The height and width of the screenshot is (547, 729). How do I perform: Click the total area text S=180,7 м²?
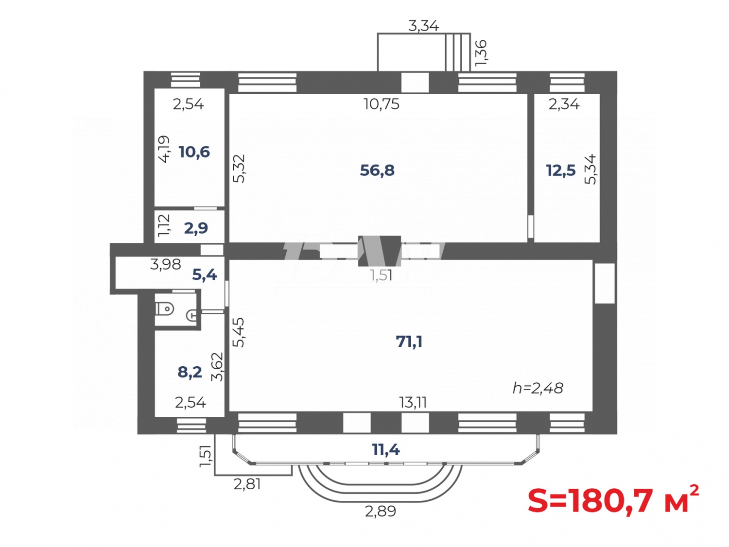[x=613, y=500]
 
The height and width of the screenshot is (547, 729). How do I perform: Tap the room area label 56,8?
[x=377, y=171]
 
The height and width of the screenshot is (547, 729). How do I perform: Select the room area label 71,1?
[x=409, y=342]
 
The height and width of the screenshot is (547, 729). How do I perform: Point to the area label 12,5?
[x=560, y=171]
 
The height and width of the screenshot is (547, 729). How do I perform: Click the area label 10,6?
[x=194, y=152]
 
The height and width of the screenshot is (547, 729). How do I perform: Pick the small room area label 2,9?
[x=196, y=228]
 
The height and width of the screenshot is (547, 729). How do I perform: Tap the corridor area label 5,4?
[x=204, y=275]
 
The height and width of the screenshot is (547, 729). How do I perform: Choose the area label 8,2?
[x=190, y=372]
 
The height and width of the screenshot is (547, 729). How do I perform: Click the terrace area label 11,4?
[x=386, y=450]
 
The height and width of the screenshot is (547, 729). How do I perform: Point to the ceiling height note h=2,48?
[x=538, y=388]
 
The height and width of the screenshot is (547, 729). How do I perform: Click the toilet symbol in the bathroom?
[x=165, y=308]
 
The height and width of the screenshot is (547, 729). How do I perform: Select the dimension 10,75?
[x=382, y=104]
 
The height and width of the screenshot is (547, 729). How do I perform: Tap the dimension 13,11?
[x=413, y=402]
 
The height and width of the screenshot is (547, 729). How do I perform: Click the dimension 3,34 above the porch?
[x=423, y=26]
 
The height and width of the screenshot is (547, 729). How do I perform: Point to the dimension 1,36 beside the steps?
[x=481, y=52]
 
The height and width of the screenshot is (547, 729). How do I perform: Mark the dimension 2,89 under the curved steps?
[x=381, y=512]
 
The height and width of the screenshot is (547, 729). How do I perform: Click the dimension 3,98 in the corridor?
[x=165, y=264]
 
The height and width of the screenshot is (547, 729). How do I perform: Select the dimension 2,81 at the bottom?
[x=247, y=484]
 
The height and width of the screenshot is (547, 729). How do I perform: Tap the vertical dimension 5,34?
[x=590, y=169]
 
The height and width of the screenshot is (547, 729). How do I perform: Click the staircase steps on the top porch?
[x=457, y=52]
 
